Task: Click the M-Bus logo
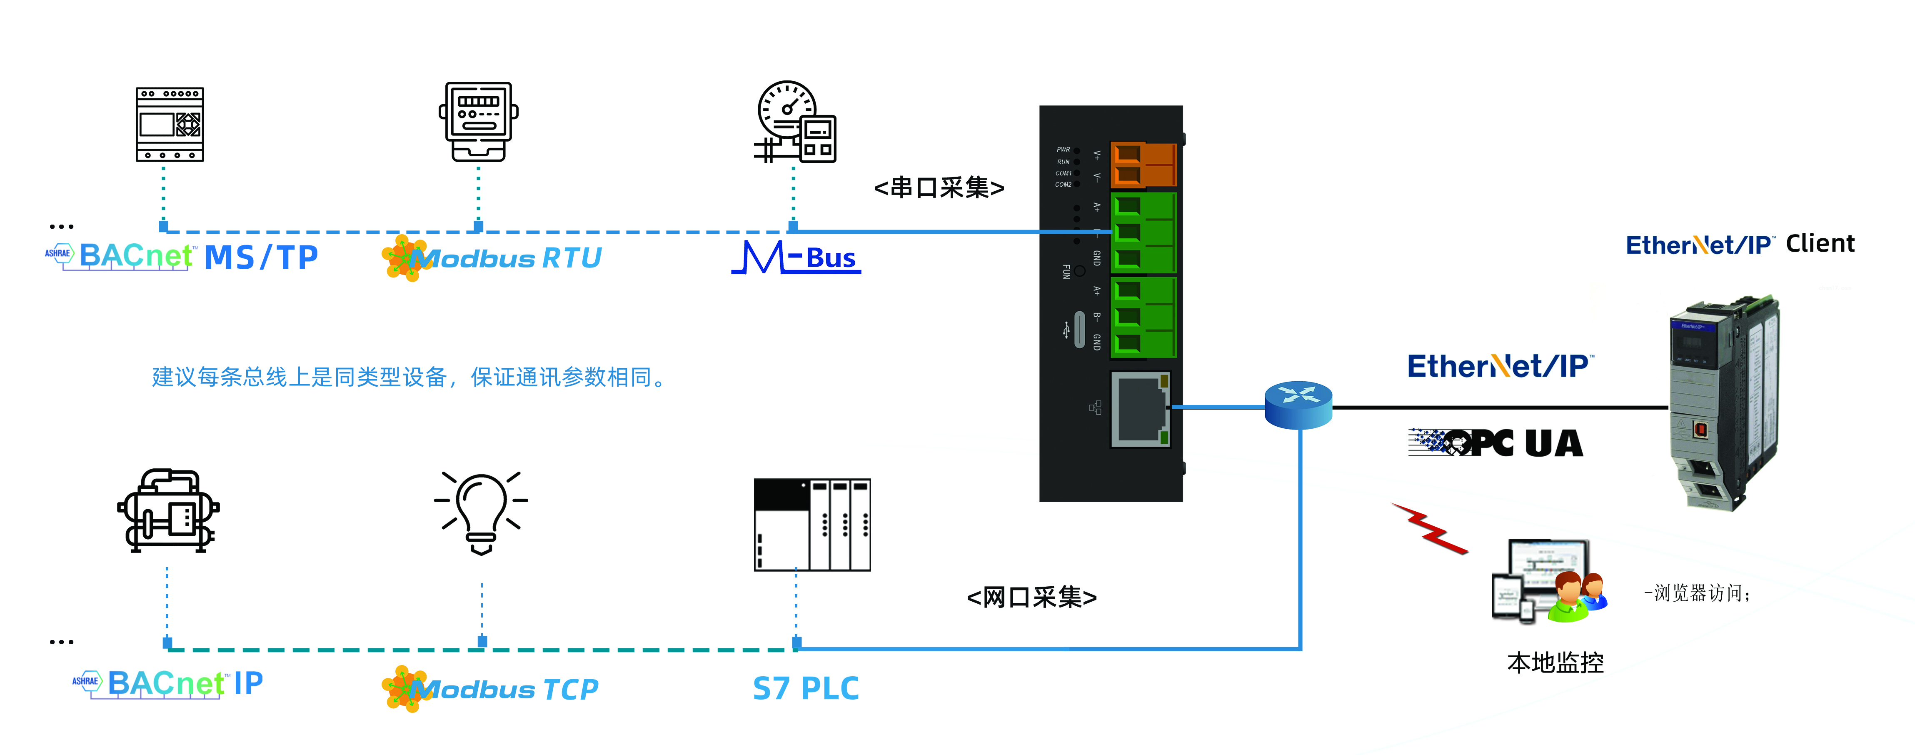coord(796,257)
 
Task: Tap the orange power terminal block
coord(1143,165)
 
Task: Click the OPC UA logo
coord(1496,443)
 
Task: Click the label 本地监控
coord(1555,662)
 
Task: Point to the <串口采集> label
coord(939,187)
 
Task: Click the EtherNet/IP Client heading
coord(1740,244)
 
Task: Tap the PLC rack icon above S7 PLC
coord(812,525)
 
